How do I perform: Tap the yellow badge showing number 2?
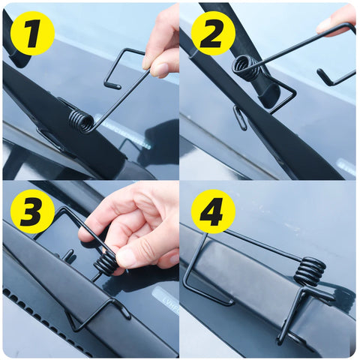[x=213, y=33]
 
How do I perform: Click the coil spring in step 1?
[x=81, y=120]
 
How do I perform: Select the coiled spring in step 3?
[x=106, y=263]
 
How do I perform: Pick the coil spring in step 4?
[x=310, y=271]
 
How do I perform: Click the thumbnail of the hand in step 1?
[x=160, y=70]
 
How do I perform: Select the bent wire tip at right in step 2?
[x=322, y=75]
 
